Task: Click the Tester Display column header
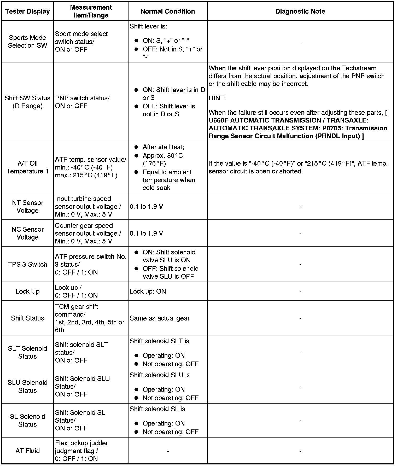27,11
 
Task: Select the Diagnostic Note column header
300,11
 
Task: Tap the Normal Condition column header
168,11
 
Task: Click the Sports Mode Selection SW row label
27,42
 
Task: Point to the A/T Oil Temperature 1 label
27,167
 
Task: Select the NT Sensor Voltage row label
27,207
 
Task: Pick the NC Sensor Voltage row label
27,233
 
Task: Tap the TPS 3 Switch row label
27,264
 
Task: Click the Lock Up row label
27,292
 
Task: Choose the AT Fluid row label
27,451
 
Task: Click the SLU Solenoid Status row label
27,386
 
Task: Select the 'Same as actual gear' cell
160,318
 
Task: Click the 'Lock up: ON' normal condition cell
148,292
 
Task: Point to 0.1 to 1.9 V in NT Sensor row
146,207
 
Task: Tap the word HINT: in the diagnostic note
217,98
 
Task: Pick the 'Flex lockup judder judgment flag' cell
81,451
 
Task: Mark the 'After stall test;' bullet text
163,147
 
